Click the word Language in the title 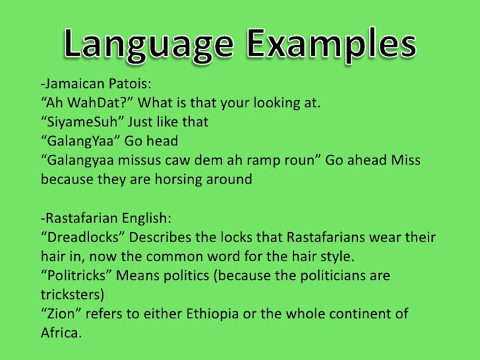[145, 44]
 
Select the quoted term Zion [60, 313]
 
